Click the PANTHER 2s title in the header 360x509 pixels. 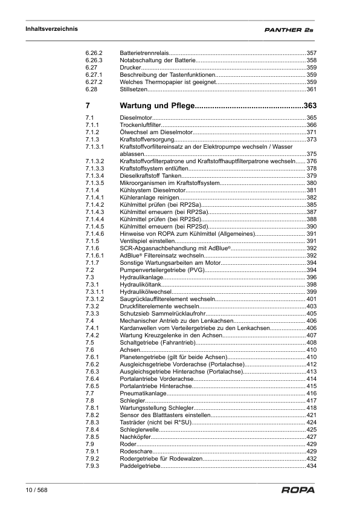coord(289,29)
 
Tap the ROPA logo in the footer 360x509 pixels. coord(298,490)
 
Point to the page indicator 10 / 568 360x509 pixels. coord(36,490)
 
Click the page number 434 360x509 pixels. coord(312,466)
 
